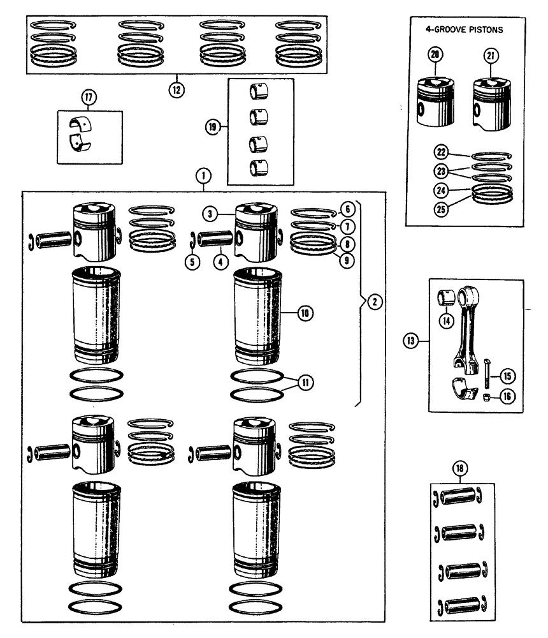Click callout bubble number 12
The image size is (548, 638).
176,89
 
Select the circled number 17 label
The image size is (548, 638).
87,97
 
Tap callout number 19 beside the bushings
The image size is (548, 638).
212,128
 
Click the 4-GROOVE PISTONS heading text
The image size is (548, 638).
463,29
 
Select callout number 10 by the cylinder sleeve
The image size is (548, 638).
305,313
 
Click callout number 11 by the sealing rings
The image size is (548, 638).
306,383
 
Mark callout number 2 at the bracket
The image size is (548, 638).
375,301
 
